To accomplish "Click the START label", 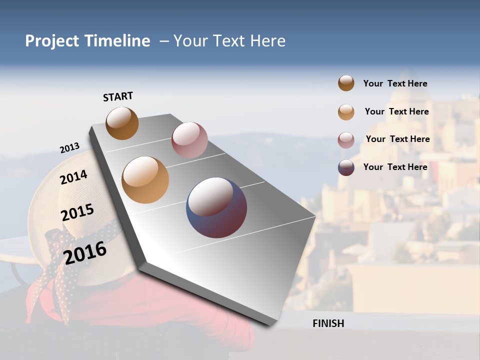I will pos(118,96).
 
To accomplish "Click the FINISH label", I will pos(328,323).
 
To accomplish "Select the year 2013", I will pos(69,148).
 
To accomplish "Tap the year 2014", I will pos(73,177).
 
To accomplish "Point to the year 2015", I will pos(77,212).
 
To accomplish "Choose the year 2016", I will pos(85,252).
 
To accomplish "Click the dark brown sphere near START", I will pos(122,123).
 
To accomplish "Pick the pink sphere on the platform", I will pos(189,139).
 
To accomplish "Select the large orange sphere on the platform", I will pos(145,180).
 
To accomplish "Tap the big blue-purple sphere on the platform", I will pos(216,207).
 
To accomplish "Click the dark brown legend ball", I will pos(346,83).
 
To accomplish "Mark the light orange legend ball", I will pos(346,112).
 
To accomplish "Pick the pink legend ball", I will pos(346,140).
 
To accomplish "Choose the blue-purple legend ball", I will pos(346,167).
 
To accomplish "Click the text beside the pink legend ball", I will pos(397,139).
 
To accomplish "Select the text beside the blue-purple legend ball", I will pos(395,167).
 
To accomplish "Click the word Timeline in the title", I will pos(117,41).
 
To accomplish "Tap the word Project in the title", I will pos(53,41).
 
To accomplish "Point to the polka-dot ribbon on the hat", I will pos(57,270).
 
